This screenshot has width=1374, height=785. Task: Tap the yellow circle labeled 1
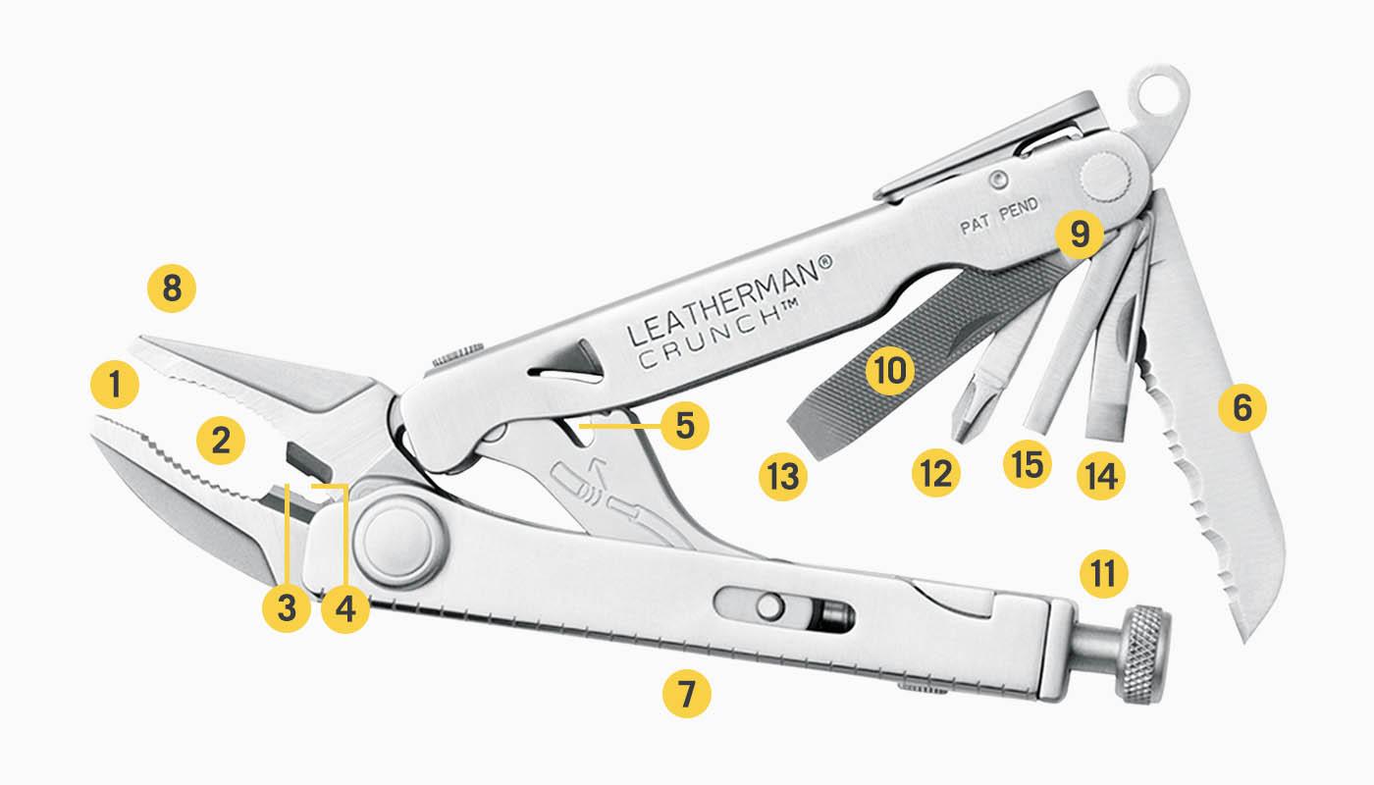tap(116, 387)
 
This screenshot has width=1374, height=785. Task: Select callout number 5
tap(684, 426)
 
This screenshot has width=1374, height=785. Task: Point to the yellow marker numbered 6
tap(1242, 407)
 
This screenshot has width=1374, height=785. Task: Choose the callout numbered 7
tap(686, 694)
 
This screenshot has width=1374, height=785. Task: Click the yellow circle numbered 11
tap(1103, 573)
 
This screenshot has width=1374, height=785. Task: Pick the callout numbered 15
tap(1027, 462)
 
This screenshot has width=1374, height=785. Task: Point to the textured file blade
tap(903, 343)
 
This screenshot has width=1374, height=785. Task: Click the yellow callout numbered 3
tap(287, 608)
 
